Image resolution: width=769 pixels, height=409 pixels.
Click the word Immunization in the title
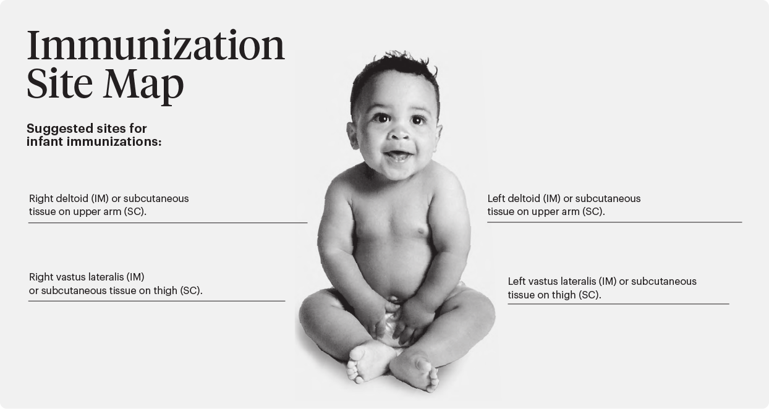tap(156, 46)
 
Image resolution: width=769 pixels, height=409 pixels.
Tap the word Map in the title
tap(143, 85)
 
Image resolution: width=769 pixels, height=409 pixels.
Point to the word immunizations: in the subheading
tap(114, 141)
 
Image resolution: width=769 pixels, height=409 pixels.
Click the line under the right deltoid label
tap(168, 222)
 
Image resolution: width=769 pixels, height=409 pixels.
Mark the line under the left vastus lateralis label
tap(618, 304)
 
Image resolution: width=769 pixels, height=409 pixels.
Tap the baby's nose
tap(399, 133)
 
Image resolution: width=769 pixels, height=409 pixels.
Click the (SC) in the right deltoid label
tap(135, 212)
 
